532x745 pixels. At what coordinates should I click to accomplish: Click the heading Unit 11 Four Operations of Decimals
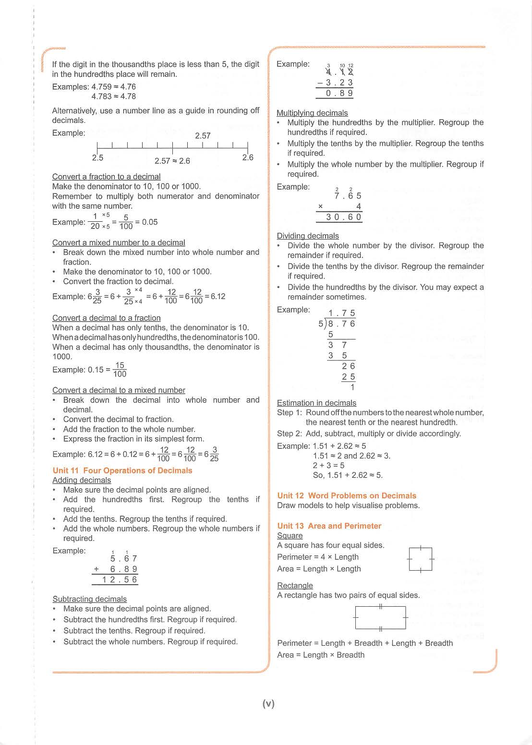122,470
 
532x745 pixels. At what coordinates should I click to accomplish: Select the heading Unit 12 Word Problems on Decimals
347,495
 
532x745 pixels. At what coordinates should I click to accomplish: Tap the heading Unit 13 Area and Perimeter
329,526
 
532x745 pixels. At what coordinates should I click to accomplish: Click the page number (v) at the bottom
268,704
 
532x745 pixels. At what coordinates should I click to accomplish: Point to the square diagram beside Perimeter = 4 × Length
421,559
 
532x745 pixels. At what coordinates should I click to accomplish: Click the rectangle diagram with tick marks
380,617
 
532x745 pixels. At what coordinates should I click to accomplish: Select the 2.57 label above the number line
203,136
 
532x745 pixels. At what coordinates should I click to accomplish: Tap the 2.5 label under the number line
97,158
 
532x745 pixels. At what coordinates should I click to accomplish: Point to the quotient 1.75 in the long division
342,313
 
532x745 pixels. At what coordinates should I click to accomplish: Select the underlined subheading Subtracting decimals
90,599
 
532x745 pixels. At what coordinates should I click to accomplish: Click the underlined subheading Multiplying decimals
312,113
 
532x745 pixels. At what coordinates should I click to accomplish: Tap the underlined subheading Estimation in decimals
316,403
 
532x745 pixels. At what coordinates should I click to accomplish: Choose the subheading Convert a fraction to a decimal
106,177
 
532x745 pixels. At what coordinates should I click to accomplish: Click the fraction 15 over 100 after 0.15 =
120,370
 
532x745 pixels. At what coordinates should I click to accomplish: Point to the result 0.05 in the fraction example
150,222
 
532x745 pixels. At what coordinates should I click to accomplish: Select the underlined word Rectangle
295,585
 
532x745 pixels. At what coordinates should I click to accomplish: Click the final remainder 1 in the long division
352,387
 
